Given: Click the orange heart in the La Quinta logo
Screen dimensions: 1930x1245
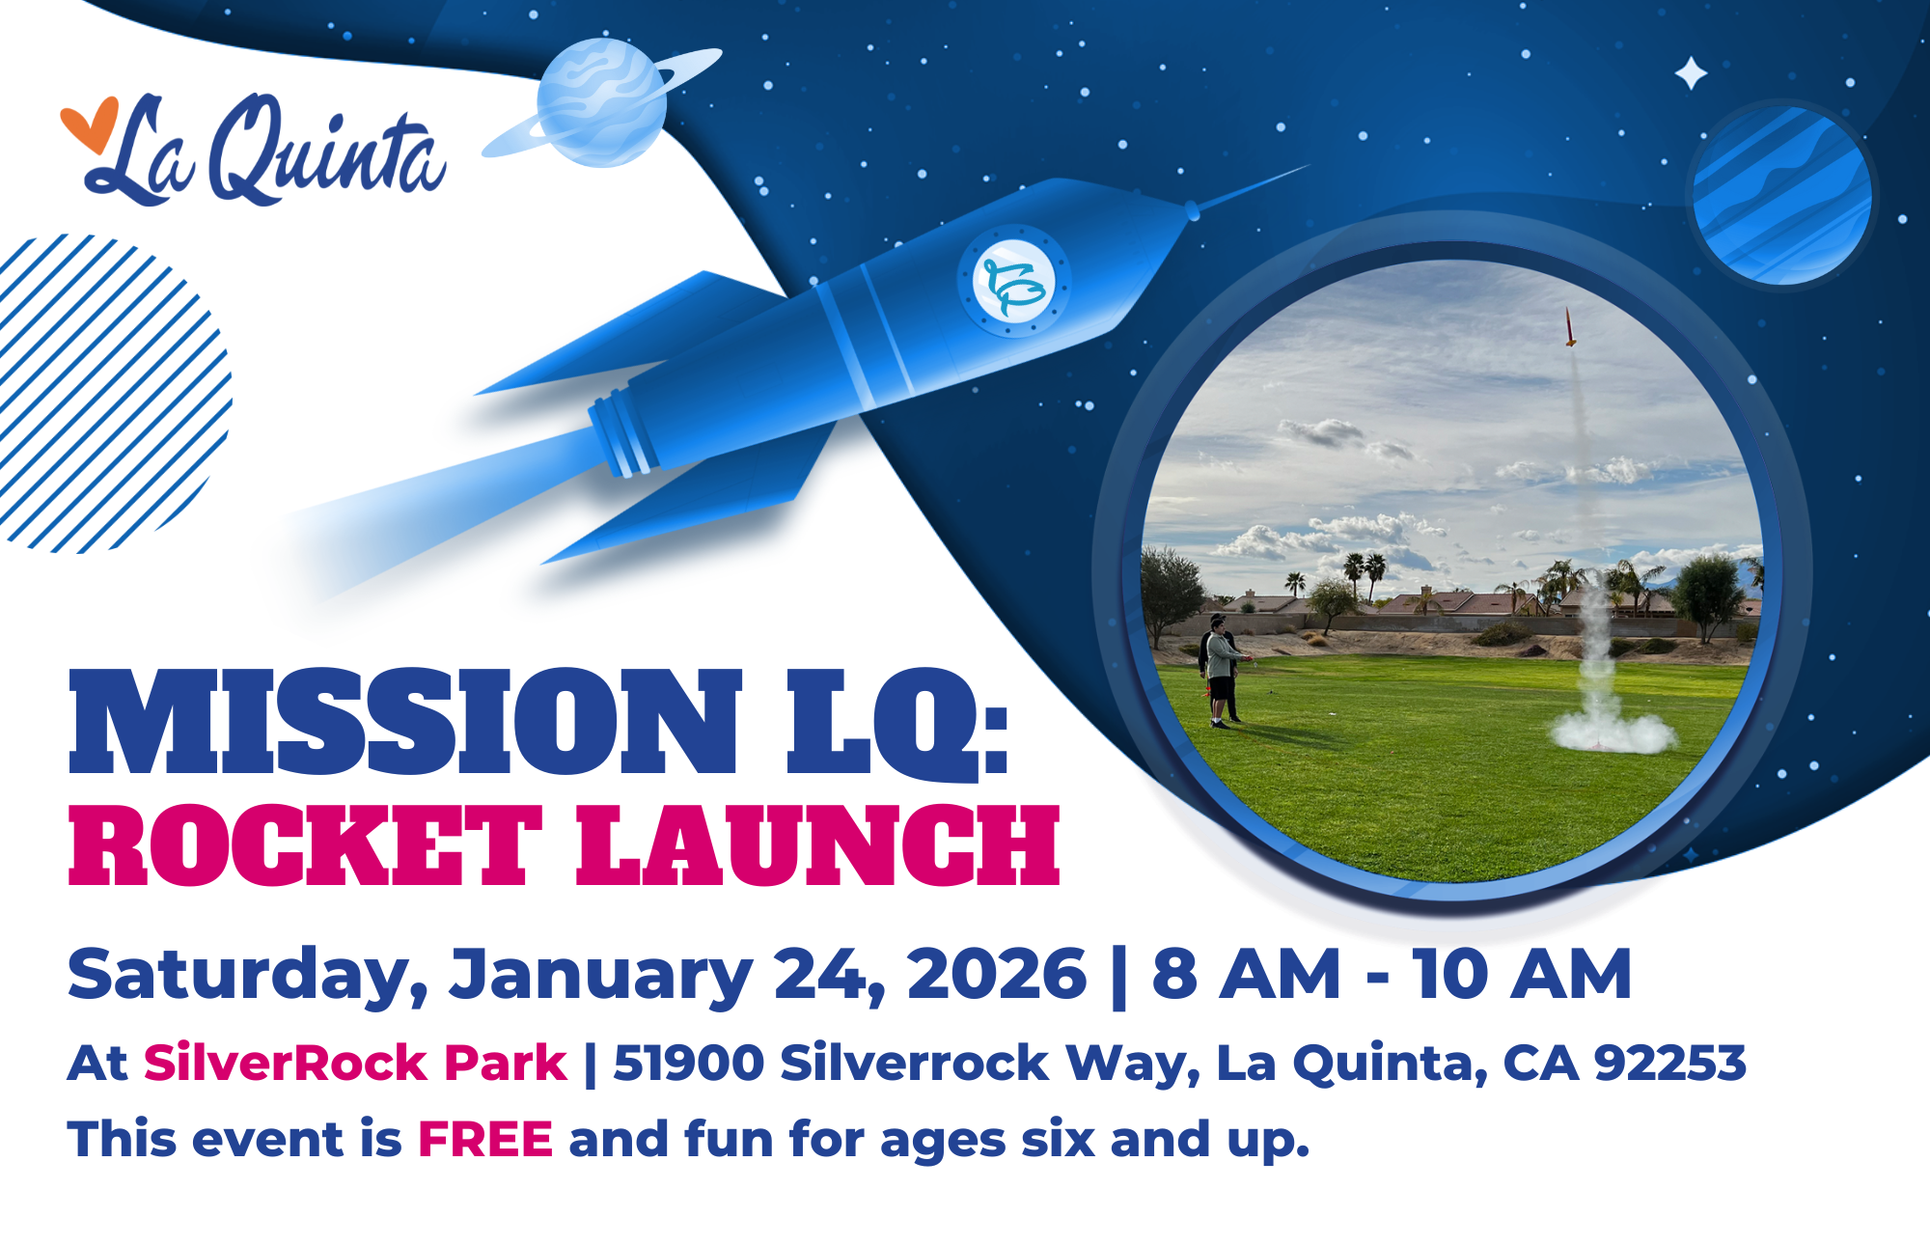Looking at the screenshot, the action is pyautogui.click(x=89, y=124).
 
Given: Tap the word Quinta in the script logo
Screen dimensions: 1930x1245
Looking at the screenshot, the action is pyautogui.click(x=328, y=150).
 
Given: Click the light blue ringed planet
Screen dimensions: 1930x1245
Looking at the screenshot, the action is pyautogui.click(x=602, y=102).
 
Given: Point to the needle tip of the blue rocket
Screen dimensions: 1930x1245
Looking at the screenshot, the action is pyautogui.click(x=1308, y=166).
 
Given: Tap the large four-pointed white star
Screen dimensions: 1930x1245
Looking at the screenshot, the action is pyautogui.click(x=1691, y=73).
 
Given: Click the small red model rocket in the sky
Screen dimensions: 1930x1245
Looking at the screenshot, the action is pyautogui.click(x=1570, y=326).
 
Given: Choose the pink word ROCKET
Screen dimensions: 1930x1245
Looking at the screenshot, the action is pyautogui.click(x=305, y=846).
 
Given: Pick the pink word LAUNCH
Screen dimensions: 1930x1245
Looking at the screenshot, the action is pyautogui.click(x=818, y=846).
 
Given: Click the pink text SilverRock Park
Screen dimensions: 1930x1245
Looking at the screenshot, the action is pyautogui.click(x=355, y=1063).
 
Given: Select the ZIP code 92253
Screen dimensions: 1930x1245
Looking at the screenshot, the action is pyautogui.click(x=1670, y=1064).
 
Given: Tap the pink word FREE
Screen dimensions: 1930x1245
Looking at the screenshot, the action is pyautogui.click(x=485, y=1139).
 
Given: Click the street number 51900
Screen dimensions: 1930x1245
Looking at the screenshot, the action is pyautogui.click(x=689, y=1064).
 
